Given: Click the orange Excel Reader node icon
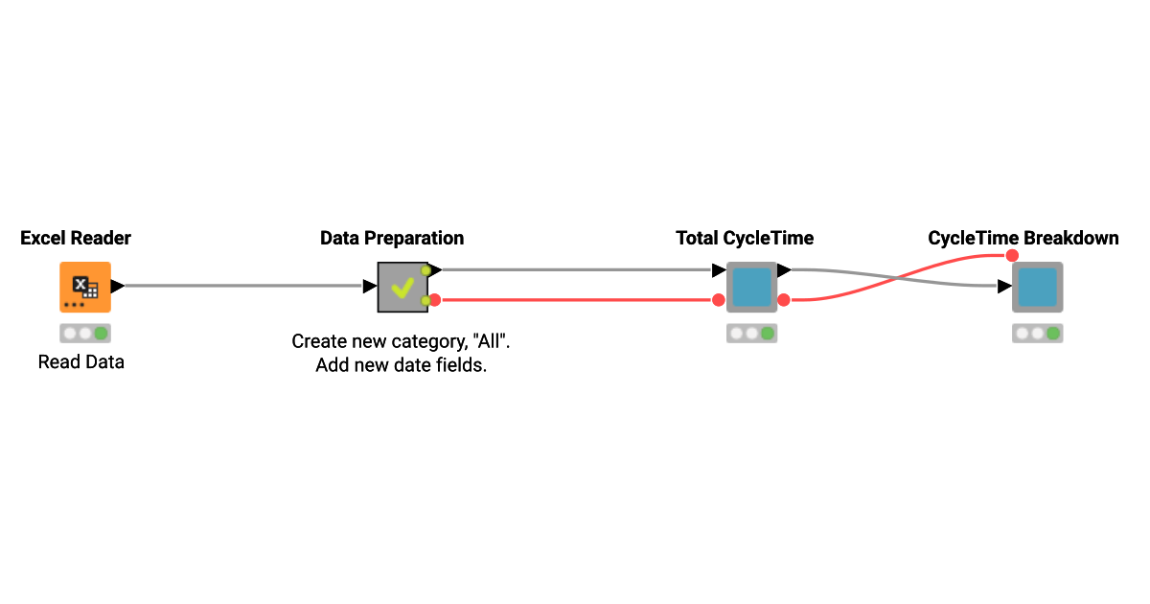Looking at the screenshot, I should [x=85, y=287].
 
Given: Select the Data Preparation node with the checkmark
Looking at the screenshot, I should [x=402, y=287].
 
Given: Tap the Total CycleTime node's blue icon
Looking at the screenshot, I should [x=751, y=287].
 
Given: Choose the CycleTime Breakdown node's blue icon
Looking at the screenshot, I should [x=1037, y=287].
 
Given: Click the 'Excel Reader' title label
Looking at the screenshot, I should [x=76, y=238].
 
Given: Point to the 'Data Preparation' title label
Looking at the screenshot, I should [x=392, y=238].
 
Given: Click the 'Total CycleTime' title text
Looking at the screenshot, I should [x=745, y=238].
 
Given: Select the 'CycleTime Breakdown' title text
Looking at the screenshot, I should [x=1023, y=238].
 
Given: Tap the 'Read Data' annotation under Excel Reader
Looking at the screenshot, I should [x=81, y=362].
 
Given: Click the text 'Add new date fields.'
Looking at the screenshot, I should [x=402, y=365].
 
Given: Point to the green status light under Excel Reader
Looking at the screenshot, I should [x=101, y=334].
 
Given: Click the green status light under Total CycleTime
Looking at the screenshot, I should [x=767, y=334].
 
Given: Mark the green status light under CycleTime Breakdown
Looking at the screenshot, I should [x=1052, y=334].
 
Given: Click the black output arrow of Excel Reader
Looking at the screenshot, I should [x=118, y=286].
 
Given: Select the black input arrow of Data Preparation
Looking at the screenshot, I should [x=369, y=286].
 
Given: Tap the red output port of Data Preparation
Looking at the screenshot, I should [x=434, y=300].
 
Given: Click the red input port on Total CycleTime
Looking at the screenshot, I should [x=719, y=300].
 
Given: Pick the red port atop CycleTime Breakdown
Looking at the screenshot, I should [x=1011, y=255].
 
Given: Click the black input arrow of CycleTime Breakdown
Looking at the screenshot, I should [x=1004, y=286].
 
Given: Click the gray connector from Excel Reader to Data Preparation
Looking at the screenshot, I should [x=240, y=286].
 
